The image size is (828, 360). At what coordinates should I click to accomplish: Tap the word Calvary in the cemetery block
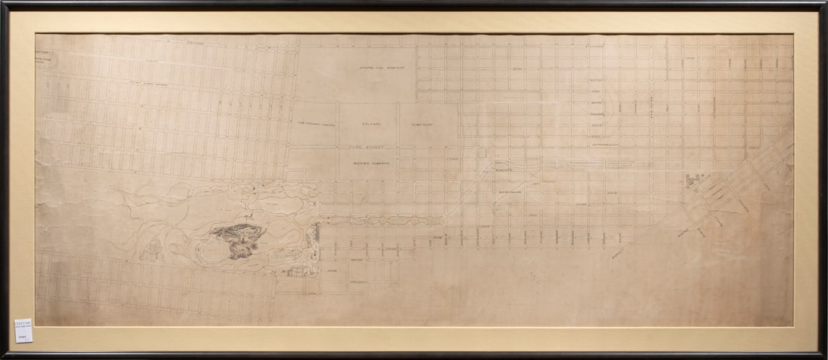[x=368, y=124]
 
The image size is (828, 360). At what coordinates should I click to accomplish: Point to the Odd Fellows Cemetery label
[x=311, y=125]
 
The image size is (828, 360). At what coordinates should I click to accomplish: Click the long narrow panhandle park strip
[x=384, y=221]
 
